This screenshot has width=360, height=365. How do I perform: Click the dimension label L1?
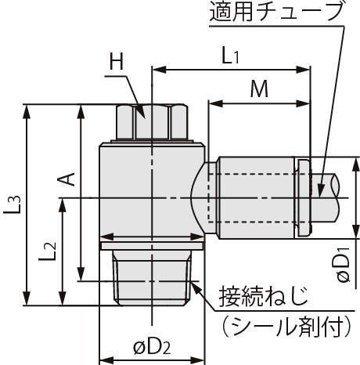pos(230,56)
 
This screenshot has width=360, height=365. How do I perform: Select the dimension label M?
pos(259,89)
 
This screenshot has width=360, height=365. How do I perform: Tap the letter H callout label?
pos(117,62)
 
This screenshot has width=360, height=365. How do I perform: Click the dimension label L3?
pos(12,204)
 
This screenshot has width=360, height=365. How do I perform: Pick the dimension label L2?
pos(48,251)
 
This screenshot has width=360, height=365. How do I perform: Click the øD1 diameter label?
pos(344,265)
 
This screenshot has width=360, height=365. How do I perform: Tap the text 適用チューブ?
pos(276,12)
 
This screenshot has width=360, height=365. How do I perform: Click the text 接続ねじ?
pos(264,296)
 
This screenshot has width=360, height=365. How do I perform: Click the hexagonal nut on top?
pos(152,121)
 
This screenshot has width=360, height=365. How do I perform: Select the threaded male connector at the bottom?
pos(152,277)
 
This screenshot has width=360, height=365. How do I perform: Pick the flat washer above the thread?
pos(152,246)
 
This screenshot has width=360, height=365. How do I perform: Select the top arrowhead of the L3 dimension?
pos(27,111)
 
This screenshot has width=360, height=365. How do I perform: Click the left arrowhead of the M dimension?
pos(216,104)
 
